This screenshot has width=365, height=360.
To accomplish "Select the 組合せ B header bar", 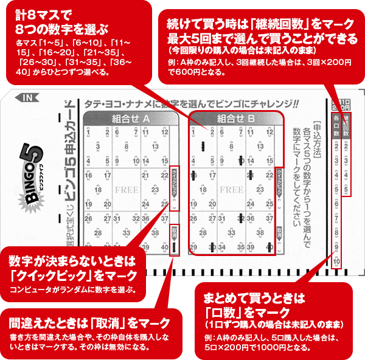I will pyautogui.click(x=235, y=119).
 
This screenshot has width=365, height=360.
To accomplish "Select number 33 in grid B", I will pyautogui.click(x=232, y=234).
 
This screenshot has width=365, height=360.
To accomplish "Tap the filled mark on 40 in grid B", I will pyautogui.click(x=271, y=247).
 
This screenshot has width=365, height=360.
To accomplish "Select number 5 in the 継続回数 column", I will pyautogui.click(x=346, y=189).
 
